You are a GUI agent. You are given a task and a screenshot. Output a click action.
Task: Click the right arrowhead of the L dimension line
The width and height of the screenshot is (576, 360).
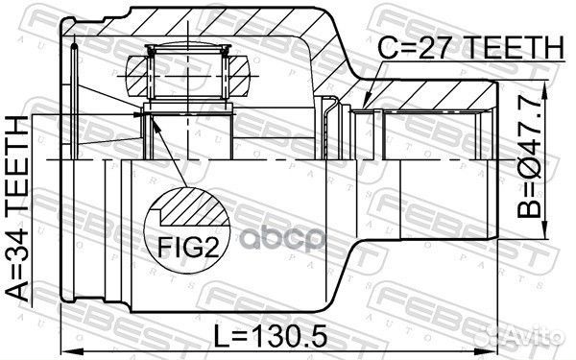click(494, 341)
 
